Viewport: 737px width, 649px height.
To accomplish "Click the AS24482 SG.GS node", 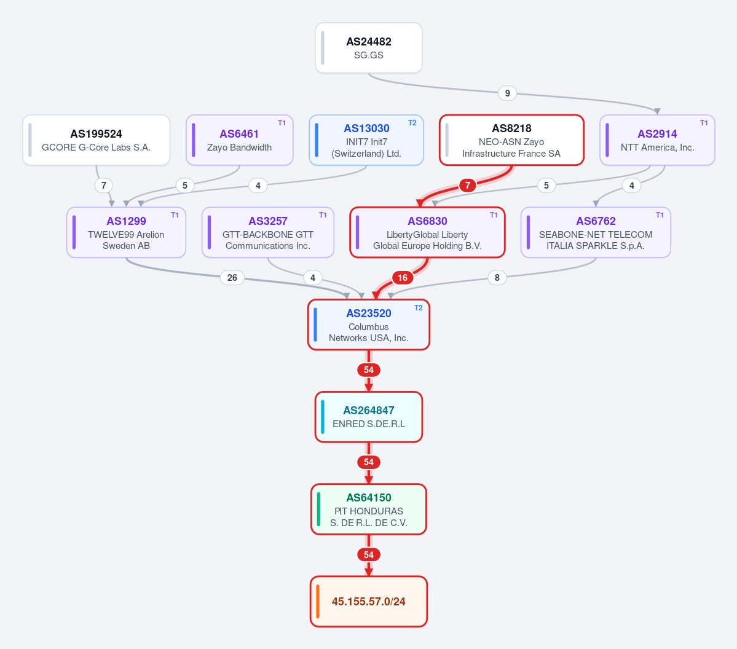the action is coord(369,48).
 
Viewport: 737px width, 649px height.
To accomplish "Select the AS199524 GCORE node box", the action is coord(97,140).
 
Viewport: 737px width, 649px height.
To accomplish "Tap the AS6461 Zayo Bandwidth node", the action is coord(240,140).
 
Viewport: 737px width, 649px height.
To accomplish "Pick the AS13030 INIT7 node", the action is coord(366,140).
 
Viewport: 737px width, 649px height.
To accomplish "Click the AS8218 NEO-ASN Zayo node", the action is coord(511,140).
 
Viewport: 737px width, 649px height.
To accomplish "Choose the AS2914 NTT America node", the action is coord(657,140).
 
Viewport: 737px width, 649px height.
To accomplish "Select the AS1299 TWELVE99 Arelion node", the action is coord(126,232).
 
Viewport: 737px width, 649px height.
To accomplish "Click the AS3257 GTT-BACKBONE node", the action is coord(268,232).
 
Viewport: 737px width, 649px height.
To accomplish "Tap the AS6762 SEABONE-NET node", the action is coord(596,232).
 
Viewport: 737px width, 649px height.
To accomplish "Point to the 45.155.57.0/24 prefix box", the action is coord(369,602).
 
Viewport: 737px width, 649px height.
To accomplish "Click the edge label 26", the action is coord(232,278).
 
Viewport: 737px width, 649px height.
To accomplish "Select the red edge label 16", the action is coord(403,278).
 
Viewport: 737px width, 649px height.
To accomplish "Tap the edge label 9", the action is coord(507,93).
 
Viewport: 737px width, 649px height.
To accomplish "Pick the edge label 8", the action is coord(497,278).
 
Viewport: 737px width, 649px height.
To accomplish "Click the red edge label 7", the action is coord(467,185).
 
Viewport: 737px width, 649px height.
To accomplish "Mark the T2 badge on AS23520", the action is coord(419,308).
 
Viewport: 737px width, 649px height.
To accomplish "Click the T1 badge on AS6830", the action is coord(494,214).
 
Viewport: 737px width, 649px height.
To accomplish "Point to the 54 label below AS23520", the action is coord(369,370).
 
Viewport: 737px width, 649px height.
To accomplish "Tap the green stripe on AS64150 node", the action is coord(318,509).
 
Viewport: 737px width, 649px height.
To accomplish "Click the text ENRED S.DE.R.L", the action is coord(369,424).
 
